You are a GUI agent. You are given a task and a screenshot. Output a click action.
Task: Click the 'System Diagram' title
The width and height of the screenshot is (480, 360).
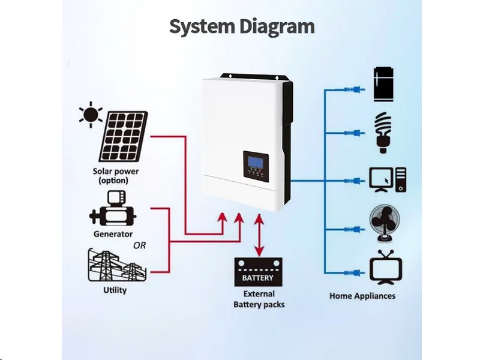point(241,26)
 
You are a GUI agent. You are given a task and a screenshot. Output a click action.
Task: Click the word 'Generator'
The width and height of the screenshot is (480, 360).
point(113,234)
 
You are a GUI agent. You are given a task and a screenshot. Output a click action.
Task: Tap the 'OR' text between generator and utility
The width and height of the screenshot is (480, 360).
point(139,245)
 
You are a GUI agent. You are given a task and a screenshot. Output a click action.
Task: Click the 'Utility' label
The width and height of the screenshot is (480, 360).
point(115,290)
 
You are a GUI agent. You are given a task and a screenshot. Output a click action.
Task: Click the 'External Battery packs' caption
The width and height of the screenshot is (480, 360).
point(259,299)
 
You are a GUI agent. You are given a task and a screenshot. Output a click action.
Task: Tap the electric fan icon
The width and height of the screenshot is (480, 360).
point(384,224)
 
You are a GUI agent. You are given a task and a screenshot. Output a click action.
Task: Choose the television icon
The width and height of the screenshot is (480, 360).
point(386,268)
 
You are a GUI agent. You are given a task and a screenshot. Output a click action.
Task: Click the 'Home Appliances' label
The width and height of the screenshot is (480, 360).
point(362,296)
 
